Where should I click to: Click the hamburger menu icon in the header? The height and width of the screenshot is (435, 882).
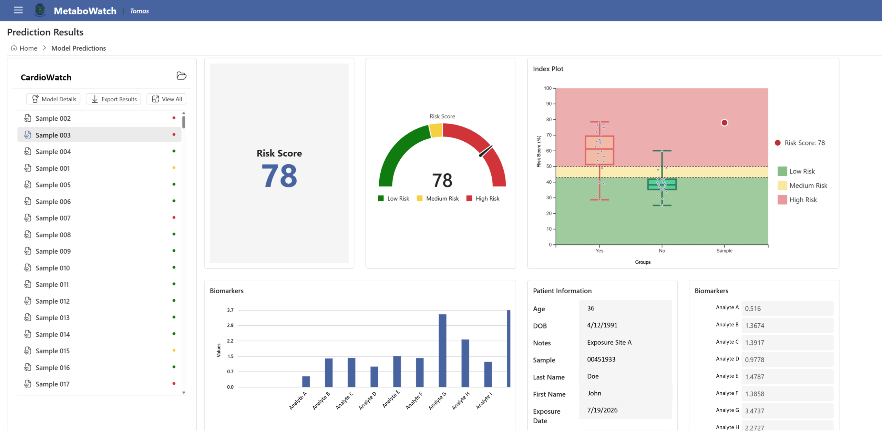point(18,10)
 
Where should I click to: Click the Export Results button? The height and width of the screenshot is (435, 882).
point(114,99)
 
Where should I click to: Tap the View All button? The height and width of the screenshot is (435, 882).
point(166,99)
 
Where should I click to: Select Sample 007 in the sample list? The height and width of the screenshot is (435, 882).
point(53,218)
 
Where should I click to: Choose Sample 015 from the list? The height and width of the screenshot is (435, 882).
point(52,351)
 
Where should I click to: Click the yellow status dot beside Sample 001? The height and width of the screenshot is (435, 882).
point(174,168)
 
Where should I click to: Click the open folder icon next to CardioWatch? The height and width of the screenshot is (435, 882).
point(182,76)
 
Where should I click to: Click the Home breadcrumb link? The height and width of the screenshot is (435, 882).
point(28,48)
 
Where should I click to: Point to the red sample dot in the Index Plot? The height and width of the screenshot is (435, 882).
point(725,123)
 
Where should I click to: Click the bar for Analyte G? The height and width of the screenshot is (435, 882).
point(442,351)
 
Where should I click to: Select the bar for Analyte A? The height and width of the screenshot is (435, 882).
point(306,382)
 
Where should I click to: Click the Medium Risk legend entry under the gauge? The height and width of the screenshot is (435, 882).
point(438,199)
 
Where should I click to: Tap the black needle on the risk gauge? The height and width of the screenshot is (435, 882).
point(486,151)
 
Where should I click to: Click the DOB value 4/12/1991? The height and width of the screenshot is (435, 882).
point(602,325)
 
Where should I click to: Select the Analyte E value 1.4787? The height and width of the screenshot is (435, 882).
point(755,377)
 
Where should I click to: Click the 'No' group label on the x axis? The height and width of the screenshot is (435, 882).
point(662,251)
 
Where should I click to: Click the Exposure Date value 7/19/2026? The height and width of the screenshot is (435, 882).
point(602,410)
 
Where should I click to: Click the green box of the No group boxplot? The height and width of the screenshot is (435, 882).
point(662,184)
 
